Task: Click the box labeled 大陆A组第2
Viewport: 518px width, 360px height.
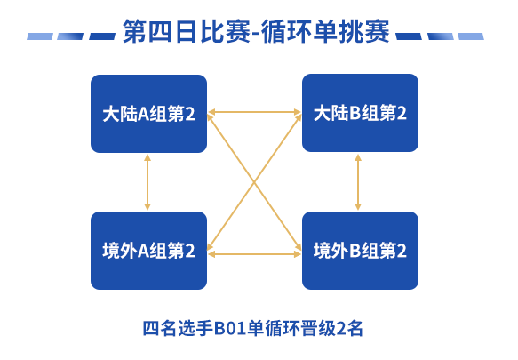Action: click(148, 114)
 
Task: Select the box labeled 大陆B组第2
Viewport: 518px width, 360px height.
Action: click(360, 113)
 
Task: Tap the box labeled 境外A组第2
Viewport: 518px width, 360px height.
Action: click(148, 251)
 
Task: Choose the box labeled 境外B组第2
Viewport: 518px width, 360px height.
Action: click(360, 251)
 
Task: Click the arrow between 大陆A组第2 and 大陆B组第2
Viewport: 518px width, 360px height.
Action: click(254, 112)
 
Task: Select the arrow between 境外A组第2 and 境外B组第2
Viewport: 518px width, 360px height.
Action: click(254, 254)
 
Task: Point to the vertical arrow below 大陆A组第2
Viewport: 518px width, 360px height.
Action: click(147, 182)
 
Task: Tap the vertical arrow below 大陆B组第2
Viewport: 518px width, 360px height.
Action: click(358, 182)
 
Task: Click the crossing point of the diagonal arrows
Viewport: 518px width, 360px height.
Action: click(254, 181)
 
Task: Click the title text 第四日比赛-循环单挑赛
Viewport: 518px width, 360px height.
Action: click(257, 32)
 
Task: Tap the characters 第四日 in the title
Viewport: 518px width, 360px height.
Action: click(161, 32)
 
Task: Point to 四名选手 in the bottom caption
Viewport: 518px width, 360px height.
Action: click(177, 329)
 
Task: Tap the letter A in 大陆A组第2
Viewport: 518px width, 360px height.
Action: click(143, 115)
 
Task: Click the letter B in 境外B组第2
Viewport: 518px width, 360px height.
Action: click(355, 251)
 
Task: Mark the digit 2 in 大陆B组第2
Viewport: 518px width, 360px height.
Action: click(402, 113)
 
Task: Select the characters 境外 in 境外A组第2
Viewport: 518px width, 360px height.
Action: click(120, 251)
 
